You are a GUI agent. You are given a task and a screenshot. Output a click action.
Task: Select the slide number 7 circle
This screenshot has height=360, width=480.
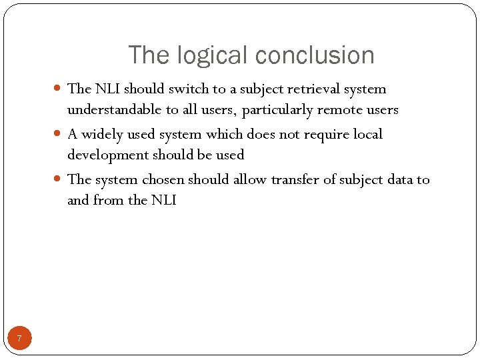tap(19, 339)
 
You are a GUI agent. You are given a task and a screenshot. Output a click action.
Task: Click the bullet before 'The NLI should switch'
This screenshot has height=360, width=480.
tap(58, 89)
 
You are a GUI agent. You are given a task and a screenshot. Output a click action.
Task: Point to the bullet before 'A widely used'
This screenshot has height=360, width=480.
tap(58, 134)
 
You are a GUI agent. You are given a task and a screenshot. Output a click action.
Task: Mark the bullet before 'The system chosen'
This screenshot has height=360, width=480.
tap(58, 179)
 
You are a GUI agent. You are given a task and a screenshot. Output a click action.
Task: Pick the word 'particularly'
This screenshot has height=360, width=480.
tap(277, 109)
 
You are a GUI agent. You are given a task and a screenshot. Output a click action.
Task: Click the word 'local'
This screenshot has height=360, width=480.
tap(368, 134)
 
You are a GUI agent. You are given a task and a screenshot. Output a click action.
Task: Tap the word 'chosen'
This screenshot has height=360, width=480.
tap(163, 179)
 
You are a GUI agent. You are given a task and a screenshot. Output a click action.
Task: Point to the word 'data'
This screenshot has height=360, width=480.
tap(397, 179)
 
